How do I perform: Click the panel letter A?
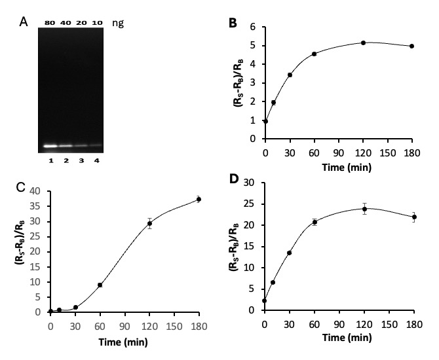tap(24, 22)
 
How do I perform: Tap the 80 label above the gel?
tap(50, 23)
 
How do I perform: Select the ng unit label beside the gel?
tap(118, 23)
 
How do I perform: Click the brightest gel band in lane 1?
tap(50, 146)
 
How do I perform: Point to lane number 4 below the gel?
tap(96, 161)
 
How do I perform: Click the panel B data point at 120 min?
tap(364, 43)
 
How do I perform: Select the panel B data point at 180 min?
tap(412, 46)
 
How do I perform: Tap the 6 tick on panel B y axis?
tap(254, 27)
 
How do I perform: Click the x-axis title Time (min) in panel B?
tap(347, 168)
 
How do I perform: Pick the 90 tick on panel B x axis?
tap(339, 153)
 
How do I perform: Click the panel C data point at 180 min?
tap(199, 200)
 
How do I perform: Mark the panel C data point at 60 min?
tap(100, 285)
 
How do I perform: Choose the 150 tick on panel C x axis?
tap(174, 326)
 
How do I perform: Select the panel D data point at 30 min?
tap(289, 253)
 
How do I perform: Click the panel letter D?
tap(234, 179)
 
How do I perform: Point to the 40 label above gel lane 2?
tap(66, 23)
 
